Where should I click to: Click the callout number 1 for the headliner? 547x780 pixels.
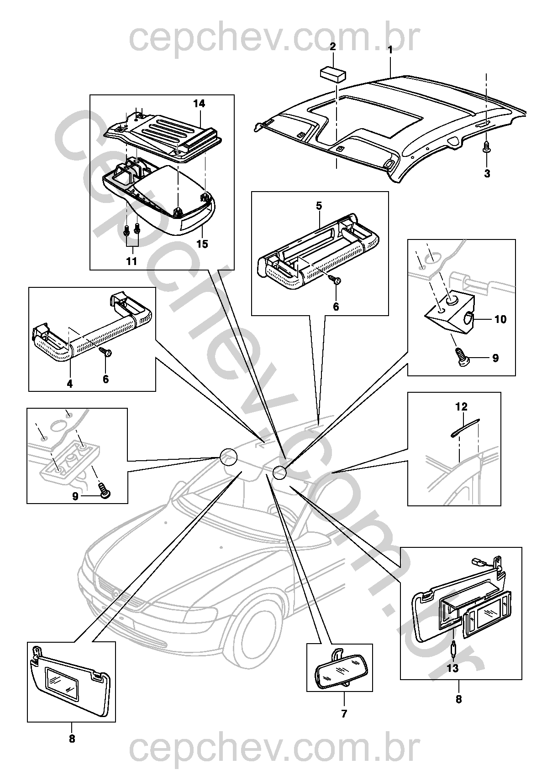(390, 49)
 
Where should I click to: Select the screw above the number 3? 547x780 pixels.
(487, 147)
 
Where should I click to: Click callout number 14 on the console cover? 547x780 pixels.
(199, 104)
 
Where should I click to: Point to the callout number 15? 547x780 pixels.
(202, 244)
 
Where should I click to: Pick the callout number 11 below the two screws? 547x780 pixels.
(131, 261)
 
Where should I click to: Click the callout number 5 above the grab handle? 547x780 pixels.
(319, 206)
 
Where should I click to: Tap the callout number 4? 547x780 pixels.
(69, 384)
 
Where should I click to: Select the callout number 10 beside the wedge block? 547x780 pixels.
(500, 319)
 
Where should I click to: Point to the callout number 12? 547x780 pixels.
(461, 406)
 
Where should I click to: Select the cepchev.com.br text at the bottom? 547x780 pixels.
(274, 748)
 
